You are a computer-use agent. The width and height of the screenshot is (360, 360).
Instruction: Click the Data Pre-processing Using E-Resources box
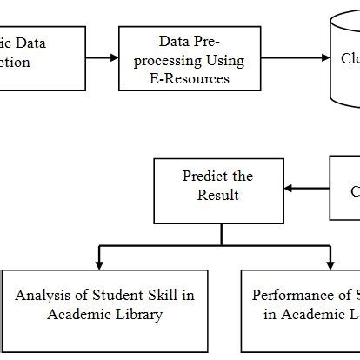(x=190, y=59)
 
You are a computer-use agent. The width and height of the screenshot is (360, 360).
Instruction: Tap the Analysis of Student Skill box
(x=104, y=304)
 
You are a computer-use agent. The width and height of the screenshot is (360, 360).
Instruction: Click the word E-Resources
(x=190, y=78)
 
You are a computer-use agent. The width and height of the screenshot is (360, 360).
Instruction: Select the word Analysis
(x=43, y=296)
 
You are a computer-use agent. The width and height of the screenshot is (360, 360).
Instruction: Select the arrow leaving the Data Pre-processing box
(x=296, y=58)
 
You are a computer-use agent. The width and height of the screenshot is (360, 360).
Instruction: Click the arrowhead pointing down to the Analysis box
(x=101, y=263)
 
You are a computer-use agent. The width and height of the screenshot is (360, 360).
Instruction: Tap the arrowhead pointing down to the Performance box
(x=330, y=263)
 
